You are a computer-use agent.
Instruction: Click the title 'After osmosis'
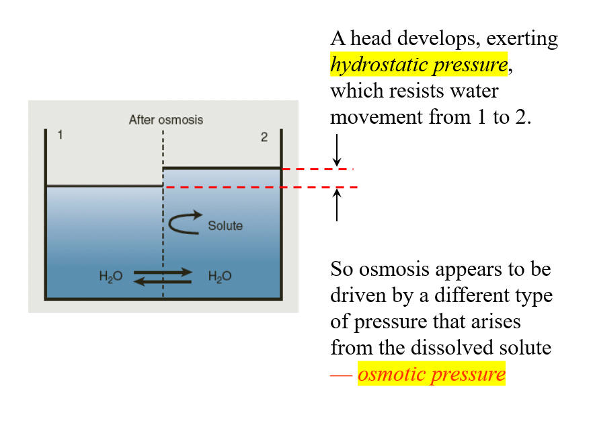pos(165,120)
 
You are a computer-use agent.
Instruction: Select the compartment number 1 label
pos(60,135)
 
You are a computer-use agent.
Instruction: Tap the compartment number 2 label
pos(264,137)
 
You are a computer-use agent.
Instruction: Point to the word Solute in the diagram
pos(225,226)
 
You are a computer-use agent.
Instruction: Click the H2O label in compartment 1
pos(110,276)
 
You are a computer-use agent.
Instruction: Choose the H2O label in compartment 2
pos(220,276)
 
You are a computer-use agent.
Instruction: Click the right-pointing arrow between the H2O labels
pos(163,272)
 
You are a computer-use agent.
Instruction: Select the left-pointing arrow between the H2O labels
pos(163,281)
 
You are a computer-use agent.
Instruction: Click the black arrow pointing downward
pos(337,149)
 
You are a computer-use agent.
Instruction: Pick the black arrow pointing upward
pos(337,205)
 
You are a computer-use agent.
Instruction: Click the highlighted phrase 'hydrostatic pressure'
pos(418,65)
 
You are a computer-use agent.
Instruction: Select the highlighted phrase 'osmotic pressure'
pos(431,373)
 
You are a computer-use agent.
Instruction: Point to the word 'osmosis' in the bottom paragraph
pos(395,270)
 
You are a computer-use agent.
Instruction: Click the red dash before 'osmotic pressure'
pos(341,375)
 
